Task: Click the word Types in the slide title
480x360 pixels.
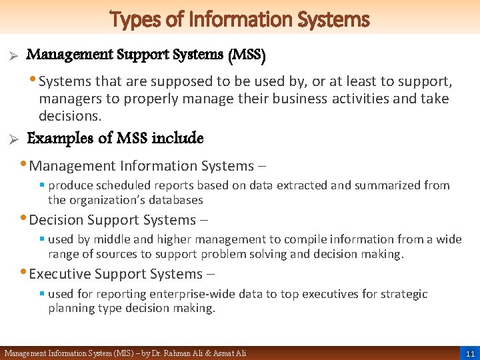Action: click(x=132, y=19)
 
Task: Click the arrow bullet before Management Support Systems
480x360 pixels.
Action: click(x=10, y=57)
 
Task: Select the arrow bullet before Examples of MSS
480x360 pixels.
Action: click(x=10, y=140)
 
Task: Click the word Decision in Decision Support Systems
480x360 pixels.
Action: click(x=61, y=220)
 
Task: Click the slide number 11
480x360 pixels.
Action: click(x=470, y=353)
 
